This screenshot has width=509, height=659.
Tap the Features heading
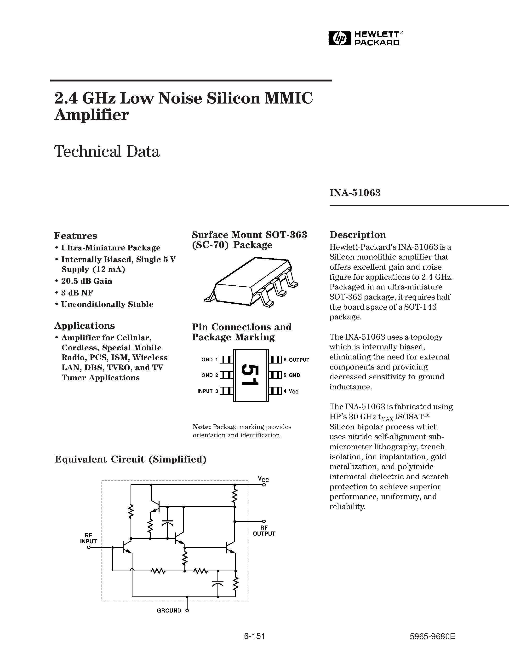pyautogui.click(x=75, y=235)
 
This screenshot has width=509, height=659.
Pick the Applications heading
pyautogui.click(x=84, y=325)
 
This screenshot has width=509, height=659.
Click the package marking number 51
pyautogui.click(x=250, y=375)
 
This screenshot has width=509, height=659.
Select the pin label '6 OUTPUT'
pyautogui.click(x=296, y=360)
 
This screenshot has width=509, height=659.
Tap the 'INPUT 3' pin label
pyautogui.click(x=207, y=391)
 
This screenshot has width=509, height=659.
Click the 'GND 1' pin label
pyautogui.click(x=209, y=360)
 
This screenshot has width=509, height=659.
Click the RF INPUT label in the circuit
pyautogui.click(x=88, y=538)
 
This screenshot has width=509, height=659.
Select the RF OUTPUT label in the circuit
pyautogui.click(x=264, y=531)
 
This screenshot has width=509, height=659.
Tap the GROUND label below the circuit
pyautogui.click(x=169, y=610)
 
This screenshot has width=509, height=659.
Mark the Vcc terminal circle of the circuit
pyautogui.click(x=264, y=484)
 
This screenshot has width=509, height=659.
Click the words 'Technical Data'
pyautogui.click(x=107, y=151)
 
